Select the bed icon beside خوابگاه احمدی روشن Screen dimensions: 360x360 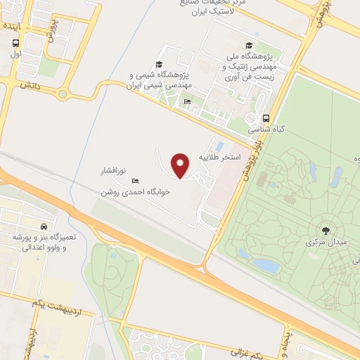(136, 181)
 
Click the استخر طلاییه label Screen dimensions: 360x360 (219, 156)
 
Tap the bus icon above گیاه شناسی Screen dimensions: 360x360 (266, 118)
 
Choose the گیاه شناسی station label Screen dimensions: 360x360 (262, 130)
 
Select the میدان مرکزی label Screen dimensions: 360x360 (325, 243)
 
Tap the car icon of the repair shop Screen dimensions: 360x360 (44, 227)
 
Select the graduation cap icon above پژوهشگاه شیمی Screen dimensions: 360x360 (159, 64)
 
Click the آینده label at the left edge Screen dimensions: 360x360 (13, 25)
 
